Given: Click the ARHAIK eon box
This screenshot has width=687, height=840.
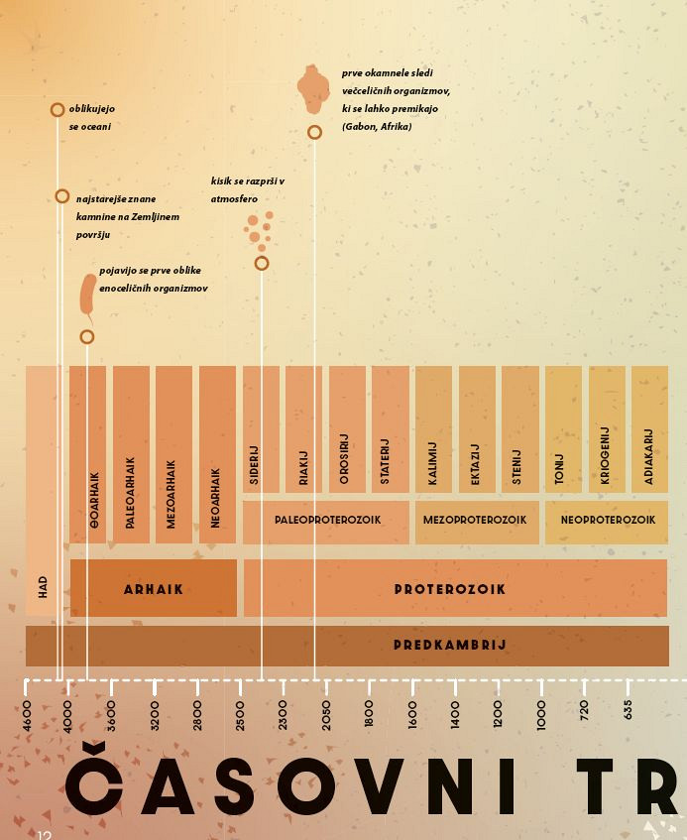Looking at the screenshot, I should [154, 589].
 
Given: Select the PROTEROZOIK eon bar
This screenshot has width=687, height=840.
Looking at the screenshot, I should [455, 589].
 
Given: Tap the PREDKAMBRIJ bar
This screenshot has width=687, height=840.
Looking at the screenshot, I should [347, 646].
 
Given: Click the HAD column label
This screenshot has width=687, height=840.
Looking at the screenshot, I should [43, 587].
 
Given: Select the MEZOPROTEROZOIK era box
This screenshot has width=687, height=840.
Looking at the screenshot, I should [475, 521].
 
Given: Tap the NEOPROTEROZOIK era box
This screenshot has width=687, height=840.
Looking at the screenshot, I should [607, 521].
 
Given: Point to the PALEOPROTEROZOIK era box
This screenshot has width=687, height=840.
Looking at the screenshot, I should [326, 521].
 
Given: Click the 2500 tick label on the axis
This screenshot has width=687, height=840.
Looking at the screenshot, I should [241, 714].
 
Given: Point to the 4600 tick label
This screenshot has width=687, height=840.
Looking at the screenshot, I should [27, 714].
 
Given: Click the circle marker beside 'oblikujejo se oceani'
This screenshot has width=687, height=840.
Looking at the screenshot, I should [57, 110].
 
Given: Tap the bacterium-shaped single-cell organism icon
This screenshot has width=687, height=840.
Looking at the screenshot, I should [88, 296].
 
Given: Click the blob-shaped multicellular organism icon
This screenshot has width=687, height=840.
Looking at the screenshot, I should [313, 89].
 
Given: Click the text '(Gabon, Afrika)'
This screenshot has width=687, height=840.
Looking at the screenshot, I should [377, 127].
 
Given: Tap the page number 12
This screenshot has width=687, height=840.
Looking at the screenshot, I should [45, 835].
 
